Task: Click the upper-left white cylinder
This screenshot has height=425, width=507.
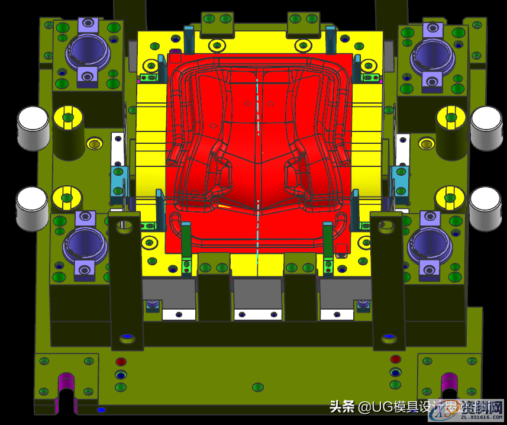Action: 33,127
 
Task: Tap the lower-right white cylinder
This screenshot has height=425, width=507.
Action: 485,208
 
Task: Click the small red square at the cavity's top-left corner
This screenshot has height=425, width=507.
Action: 175,57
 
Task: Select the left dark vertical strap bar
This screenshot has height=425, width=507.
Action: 125,278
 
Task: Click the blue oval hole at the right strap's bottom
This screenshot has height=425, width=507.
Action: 388,337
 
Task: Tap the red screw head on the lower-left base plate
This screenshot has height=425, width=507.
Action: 121,361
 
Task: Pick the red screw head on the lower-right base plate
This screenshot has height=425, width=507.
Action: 395,359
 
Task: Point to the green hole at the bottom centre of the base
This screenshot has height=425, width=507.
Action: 257,387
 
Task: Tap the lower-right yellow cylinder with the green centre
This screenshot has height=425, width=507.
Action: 450,198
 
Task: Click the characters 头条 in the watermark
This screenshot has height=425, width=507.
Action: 342,407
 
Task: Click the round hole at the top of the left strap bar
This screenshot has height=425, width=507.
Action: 124,224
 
